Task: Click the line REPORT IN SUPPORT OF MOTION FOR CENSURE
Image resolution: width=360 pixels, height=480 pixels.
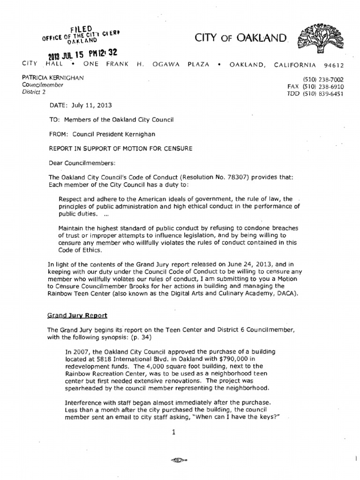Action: [x=120, y=149]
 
